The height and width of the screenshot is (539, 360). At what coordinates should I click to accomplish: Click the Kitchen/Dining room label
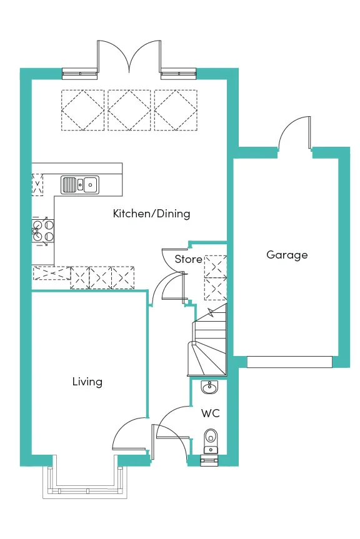point(151,214)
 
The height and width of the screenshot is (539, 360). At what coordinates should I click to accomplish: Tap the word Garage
point(287,255)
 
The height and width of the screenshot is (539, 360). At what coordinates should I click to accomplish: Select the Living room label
point(87,382)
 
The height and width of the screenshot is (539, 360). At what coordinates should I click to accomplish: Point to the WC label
point(210,413)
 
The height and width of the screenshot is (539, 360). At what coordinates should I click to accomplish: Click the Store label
point(188,259)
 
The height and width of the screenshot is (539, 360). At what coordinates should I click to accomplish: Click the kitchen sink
point(80,185)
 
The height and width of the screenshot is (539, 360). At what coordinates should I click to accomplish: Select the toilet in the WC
point(210,441)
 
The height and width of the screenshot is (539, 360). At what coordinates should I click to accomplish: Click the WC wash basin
point(209,387)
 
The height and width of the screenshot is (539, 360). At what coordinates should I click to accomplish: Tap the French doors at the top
point(129,57)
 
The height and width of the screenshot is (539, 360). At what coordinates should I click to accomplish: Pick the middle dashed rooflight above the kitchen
point(129,110)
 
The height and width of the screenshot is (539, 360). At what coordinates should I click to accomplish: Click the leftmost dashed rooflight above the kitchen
point(82,110)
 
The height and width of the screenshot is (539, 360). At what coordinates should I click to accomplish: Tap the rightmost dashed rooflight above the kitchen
point(176,110)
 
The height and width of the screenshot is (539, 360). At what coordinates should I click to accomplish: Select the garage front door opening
point(289,362)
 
